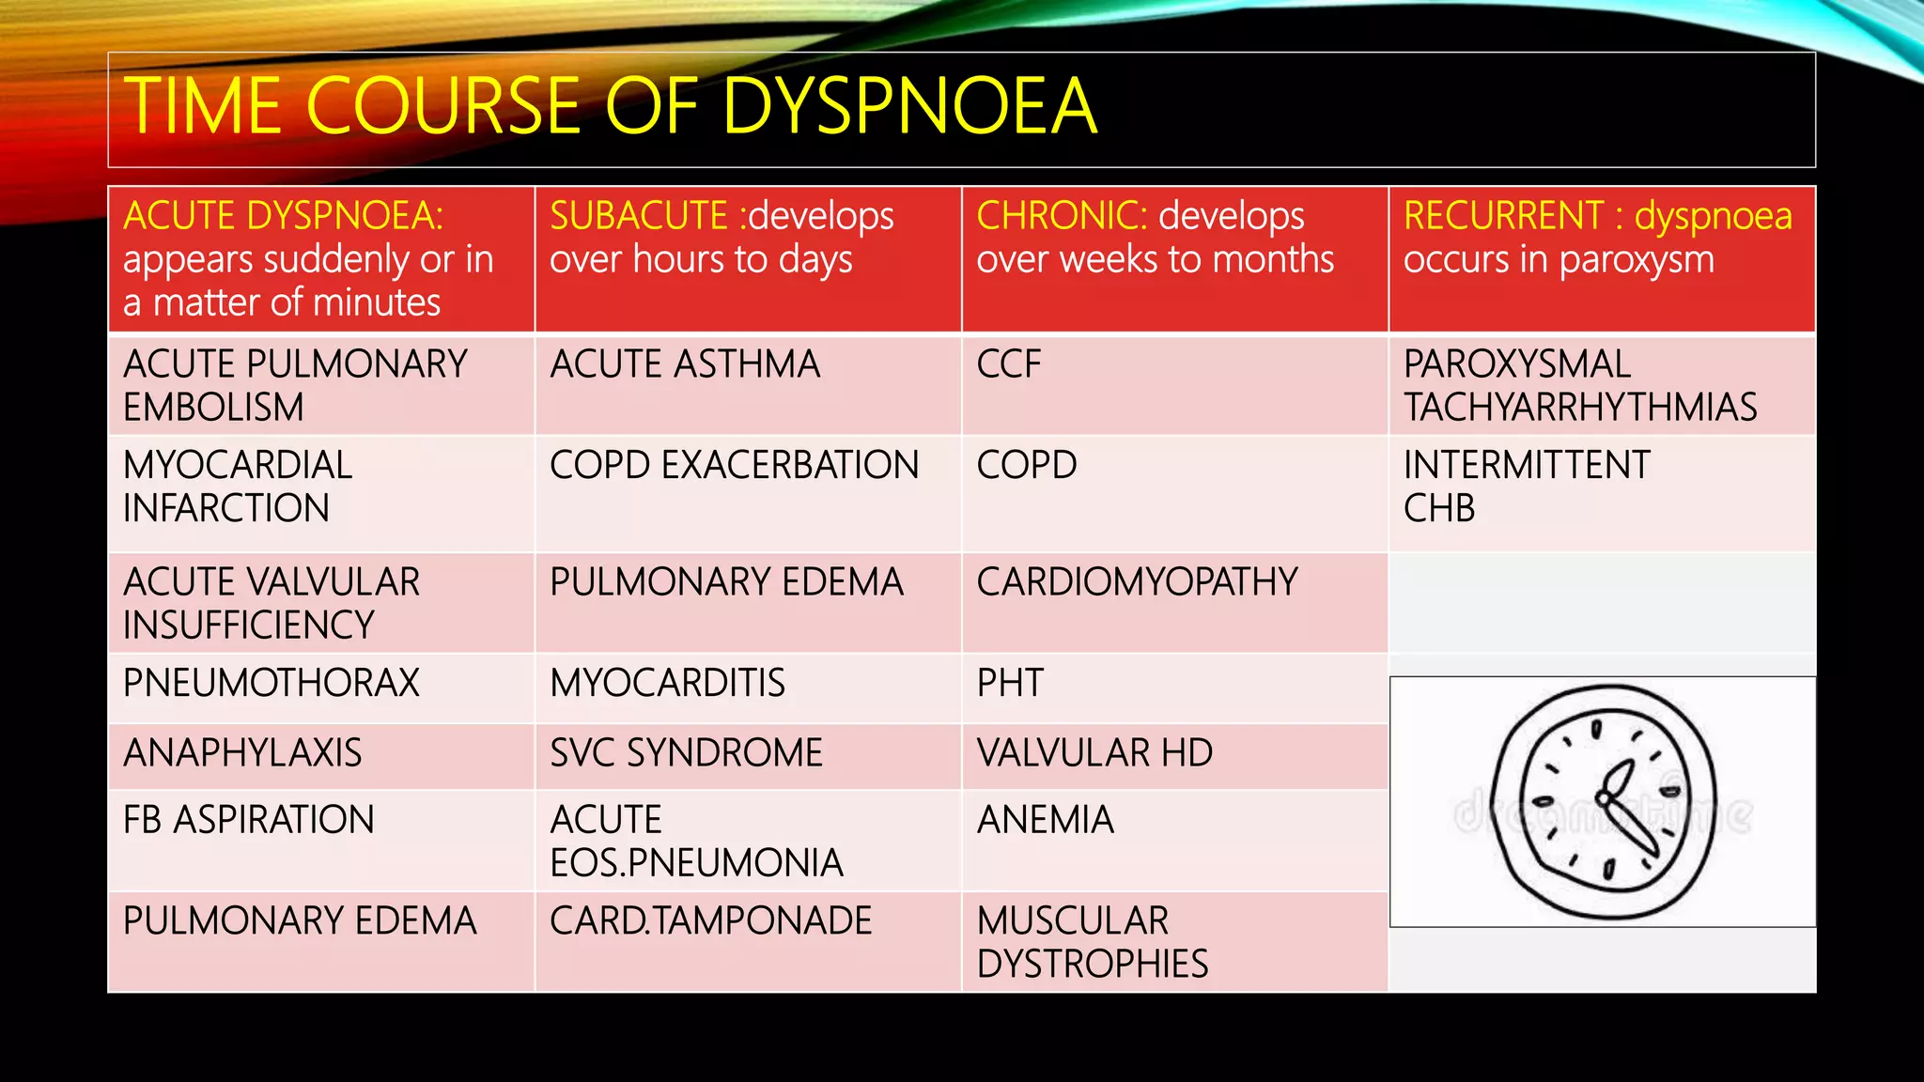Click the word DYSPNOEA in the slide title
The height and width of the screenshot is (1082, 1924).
point(908,106)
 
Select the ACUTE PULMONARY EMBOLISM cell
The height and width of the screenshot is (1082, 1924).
point(295,385)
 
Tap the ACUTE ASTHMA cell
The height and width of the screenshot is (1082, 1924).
point(685,364)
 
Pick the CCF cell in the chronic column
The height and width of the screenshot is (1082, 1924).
point(1009,364)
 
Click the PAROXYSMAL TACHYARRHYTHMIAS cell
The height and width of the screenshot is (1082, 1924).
point(1579,385)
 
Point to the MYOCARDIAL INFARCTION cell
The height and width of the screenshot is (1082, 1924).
point(238,487)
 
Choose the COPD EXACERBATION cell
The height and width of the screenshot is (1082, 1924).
point(734,465)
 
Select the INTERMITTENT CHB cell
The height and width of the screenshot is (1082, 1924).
point(1527,487)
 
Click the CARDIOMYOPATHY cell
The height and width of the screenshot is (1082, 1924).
point(1137,582)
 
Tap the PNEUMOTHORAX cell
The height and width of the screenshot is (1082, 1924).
point(272,683)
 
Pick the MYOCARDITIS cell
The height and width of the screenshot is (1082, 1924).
point(667,683)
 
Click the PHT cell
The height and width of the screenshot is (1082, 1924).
point(1010,683)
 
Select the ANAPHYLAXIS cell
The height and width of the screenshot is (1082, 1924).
point(242,753)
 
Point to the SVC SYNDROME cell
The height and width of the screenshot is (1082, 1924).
point(686,753)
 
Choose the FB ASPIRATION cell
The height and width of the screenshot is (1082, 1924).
point(249,820)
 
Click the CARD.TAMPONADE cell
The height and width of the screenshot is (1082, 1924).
point(710,921)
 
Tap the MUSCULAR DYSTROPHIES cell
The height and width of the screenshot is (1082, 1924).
point(1092,942)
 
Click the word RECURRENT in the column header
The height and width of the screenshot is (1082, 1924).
point(1503,216)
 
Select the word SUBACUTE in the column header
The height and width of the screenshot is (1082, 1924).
point(639,216)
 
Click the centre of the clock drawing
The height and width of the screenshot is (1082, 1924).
point(1605,801)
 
